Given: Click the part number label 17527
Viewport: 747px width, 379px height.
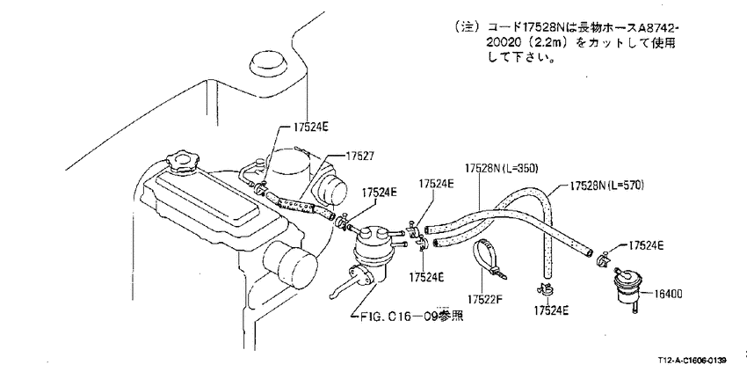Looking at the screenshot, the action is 360,156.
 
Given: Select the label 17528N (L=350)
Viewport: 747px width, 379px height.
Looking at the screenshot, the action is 501,168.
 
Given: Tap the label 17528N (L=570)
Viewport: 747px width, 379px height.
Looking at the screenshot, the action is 607,185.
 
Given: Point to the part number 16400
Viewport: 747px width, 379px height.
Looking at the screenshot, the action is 667,294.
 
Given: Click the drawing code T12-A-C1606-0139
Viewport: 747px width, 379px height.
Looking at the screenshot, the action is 693,361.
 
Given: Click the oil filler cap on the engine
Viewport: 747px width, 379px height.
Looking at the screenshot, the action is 183,160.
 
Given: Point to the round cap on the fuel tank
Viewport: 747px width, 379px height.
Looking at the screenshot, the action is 265,64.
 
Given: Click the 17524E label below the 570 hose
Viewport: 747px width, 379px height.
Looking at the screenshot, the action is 551,310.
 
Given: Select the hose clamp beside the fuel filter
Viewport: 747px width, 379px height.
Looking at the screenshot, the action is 603,260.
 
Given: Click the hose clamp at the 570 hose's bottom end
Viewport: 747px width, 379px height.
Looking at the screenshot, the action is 544,289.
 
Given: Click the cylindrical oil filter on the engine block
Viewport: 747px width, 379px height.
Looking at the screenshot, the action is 290,264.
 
